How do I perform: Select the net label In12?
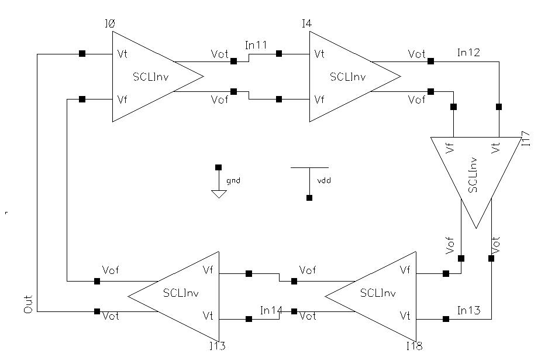coord(468,53)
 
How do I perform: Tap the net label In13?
coord(468,310)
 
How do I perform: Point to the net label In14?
coord(271,310)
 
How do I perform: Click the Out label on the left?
coord(28,305)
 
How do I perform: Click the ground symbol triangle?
coord(219,194)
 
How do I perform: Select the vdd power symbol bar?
coord(309,167)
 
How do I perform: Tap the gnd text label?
coord(233,181)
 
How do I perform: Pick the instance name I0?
coord(109,24)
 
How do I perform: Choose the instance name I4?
coord(306,24)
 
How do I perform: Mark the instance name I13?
coord(217,346)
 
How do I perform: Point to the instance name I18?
coord(415,346)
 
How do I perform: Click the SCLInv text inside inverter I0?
coord(151,77)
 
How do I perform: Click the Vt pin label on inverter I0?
coord(122,54)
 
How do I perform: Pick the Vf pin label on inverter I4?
coord(319,100)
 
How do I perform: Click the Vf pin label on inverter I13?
coord(208,270)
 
